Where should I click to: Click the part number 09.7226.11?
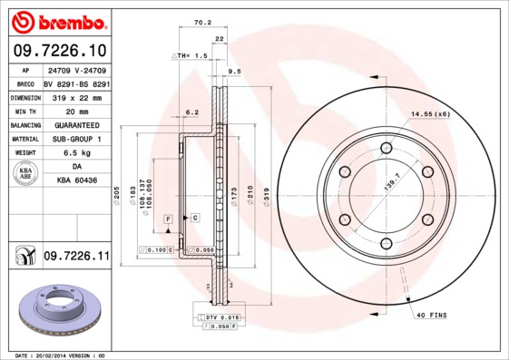coord(76,258)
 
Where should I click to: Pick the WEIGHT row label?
coord(24,153)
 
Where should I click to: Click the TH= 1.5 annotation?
coord(191,55)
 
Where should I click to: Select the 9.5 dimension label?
coord(233,71)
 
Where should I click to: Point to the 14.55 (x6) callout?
coord(430,114)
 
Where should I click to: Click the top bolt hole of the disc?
coord(386,148)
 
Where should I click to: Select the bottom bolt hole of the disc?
coord(386,242)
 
